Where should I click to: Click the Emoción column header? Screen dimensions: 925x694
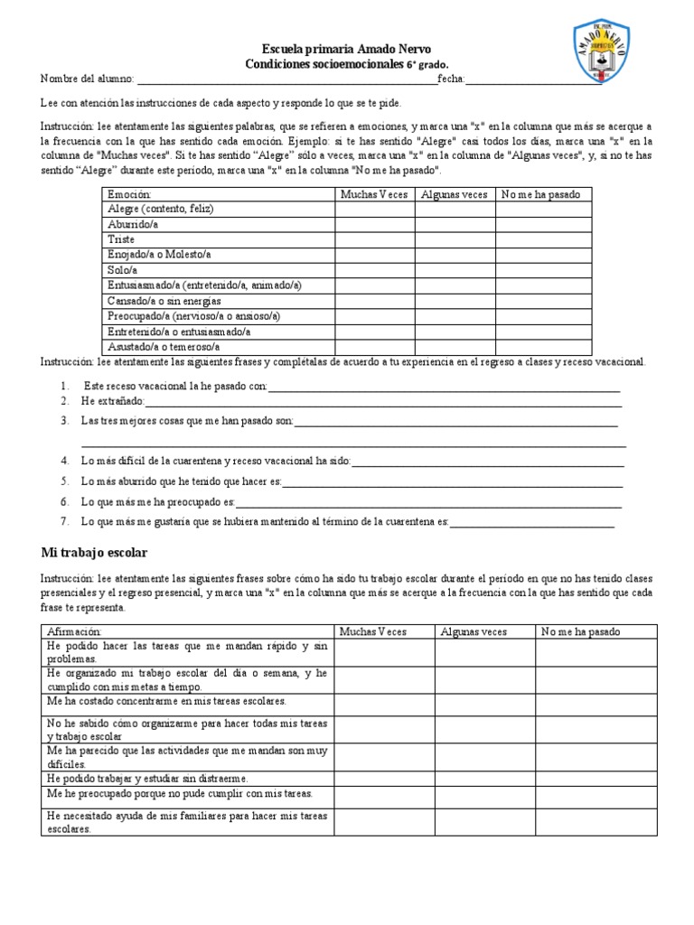(x=130, y=194)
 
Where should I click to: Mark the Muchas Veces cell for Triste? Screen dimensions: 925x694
(x=375, y=239)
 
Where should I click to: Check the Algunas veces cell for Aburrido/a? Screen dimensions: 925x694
(x=455, y=224)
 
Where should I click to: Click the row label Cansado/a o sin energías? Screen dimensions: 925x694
(x=164, y=301)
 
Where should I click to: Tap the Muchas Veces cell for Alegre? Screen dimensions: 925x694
(x=375, y=209)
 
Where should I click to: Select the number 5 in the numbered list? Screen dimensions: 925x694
(x=65, y=481)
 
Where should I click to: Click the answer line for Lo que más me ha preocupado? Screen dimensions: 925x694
(x=427, y=501)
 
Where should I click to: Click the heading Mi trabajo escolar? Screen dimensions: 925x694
(x=94, y=551)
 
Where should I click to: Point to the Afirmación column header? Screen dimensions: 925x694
(x=74, y=631)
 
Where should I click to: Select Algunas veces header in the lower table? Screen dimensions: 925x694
(x=474, y=631)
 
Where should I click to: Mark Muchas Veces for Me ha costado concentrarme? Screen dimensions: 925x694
(x=384, y=704)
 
